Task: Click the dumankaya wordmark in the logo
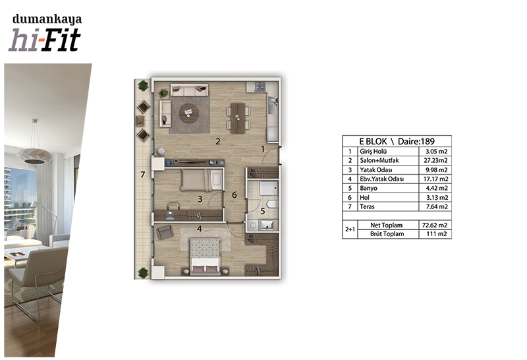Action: coord(47,19)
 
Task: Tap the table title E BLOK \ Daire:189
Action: coord(397,141)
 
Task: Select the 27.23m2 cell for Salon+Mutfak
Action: coord(435,160)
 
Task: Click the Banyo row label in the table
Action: coord(368,188)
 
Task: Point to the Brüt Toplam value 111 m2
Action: coord(437,234)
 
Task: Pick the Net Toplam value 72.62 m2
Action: coord(435,225)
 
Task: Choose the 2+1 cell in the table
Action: coord(350,229)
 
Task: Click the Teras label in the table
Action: coord(367,206)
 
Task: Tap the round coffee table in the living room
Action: coord(189,113)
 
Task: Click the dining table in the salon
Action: coord(238,118)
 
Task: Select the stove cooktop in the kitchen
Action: coord(260,86)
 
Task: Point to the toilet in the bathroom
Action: coord(272,204)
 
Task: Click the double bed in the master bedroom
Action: coord(205,256)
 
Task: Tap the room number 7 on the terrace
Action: coord(143,175)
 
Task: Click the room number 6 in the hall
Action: coord(235,195)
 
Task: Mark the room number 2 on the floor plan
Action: coord(218,141)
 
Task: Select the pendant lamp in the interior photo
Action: coord(35,155)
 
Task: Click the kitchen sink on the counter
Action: coord(273,103)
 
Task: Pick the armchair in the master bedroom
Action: coord(165,232)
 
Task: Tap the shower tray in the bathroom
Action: coord(269,188)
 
